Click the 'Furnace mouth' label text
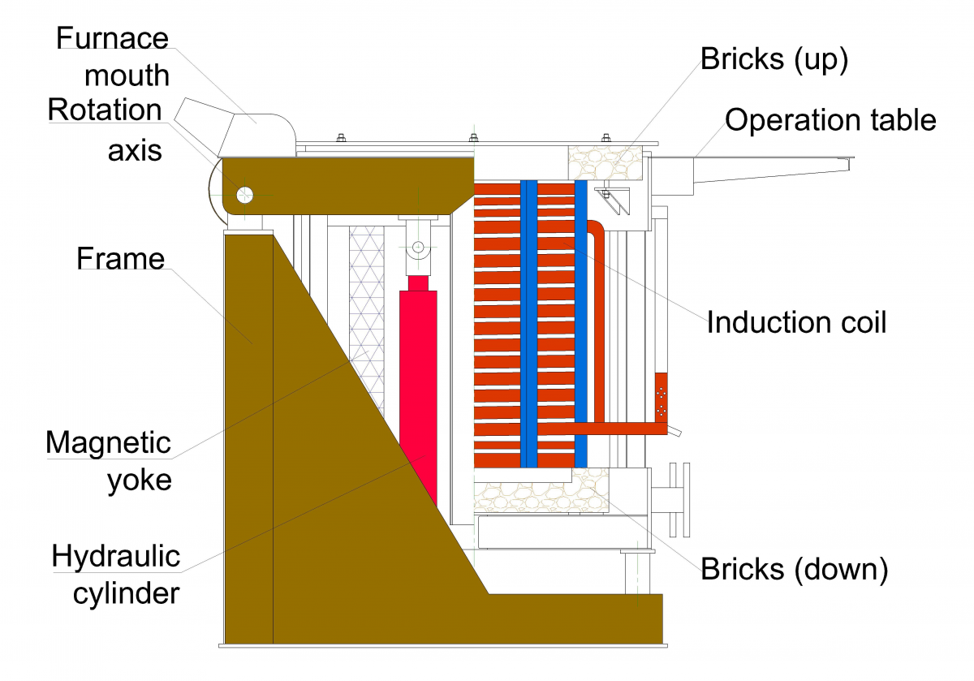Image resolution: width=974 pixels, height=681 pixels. pos(112,57)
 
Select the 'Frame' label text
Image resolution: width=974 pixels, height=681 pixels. pos(120,259)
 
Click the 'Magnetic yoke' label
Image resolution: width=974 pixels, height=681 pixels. pos(108,460)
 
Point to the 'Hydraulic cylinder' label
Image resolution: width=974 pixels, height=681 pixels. pos(115,575)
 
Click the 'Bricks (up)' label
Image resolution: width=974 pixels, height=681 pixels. pos(774,60)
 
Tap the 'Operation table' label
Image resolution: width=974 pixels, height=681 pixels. pos(830,120)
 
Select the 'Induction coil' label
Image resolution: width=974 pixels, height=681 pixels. pos(796,322)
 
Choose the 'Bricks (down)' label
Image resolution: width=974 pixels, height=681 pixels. pos(794,568)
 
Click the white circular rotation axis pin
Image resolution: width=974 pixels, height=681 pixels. pos(244,194)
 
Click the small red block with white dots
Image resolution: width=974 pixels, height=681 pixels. pos(661,397)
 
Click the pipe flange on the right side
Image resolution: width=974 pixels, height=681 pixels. pos(676,499)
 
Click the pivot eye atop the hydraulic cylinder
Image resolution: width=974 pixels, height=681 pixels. pos(418,247)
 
